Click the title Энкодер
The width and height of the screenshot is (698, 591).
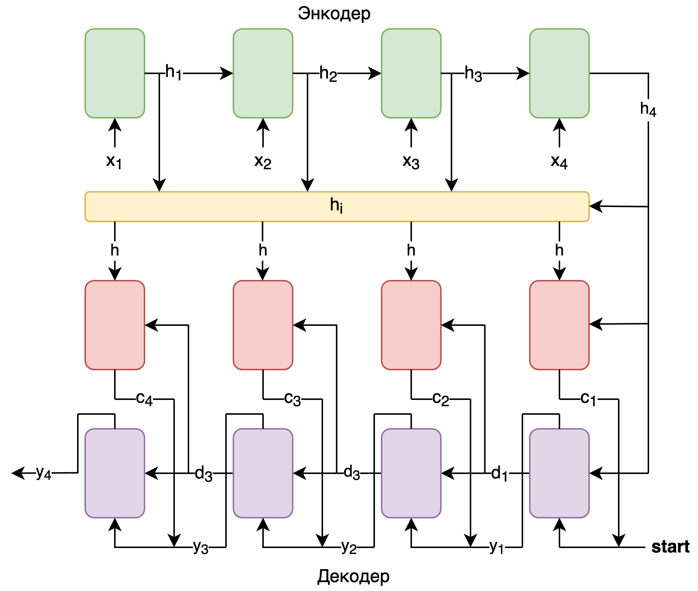[x=334, y=13]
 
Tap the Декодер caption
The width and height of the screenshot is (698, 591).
[x=353, y=576]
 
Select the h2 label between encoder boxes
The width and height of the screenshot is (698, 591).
[x=328, y=73]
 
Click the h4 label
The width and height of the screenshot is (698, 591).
[x=648, y=109]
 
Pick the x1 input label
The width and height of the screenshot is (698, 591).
[x=114, y=161]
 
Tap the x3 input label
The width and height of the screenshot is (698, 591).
[x=411, y=161]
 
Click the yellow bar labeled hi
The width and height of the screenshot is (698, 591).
[x=337, y=207]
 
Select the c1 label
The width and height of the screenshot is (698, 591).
[x=588, y=399]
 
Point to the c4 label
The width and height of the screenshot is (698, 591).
[x=144, y=399]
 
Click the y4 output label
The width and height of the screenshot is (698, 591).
[x=43, y=473]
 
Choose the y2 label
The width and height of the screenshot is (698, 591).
[x=349, y=547]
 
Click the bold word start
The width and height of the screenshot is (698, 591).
[x=670, y=547]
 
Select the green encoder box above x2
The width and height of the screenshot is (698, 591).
[x=263, y=73]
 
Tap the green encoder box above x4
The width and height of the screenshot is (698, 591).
[x=559, y=73]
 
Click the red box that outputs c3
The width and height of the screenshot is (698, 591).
[x=263, y=325]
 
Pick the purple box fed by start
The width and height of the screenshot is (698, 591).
[x=559, y=473]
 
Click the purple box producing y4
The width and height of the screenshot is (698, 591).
[x=115, y=473]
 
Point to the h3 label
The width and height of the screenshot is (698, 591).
[x=473, y=73]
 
